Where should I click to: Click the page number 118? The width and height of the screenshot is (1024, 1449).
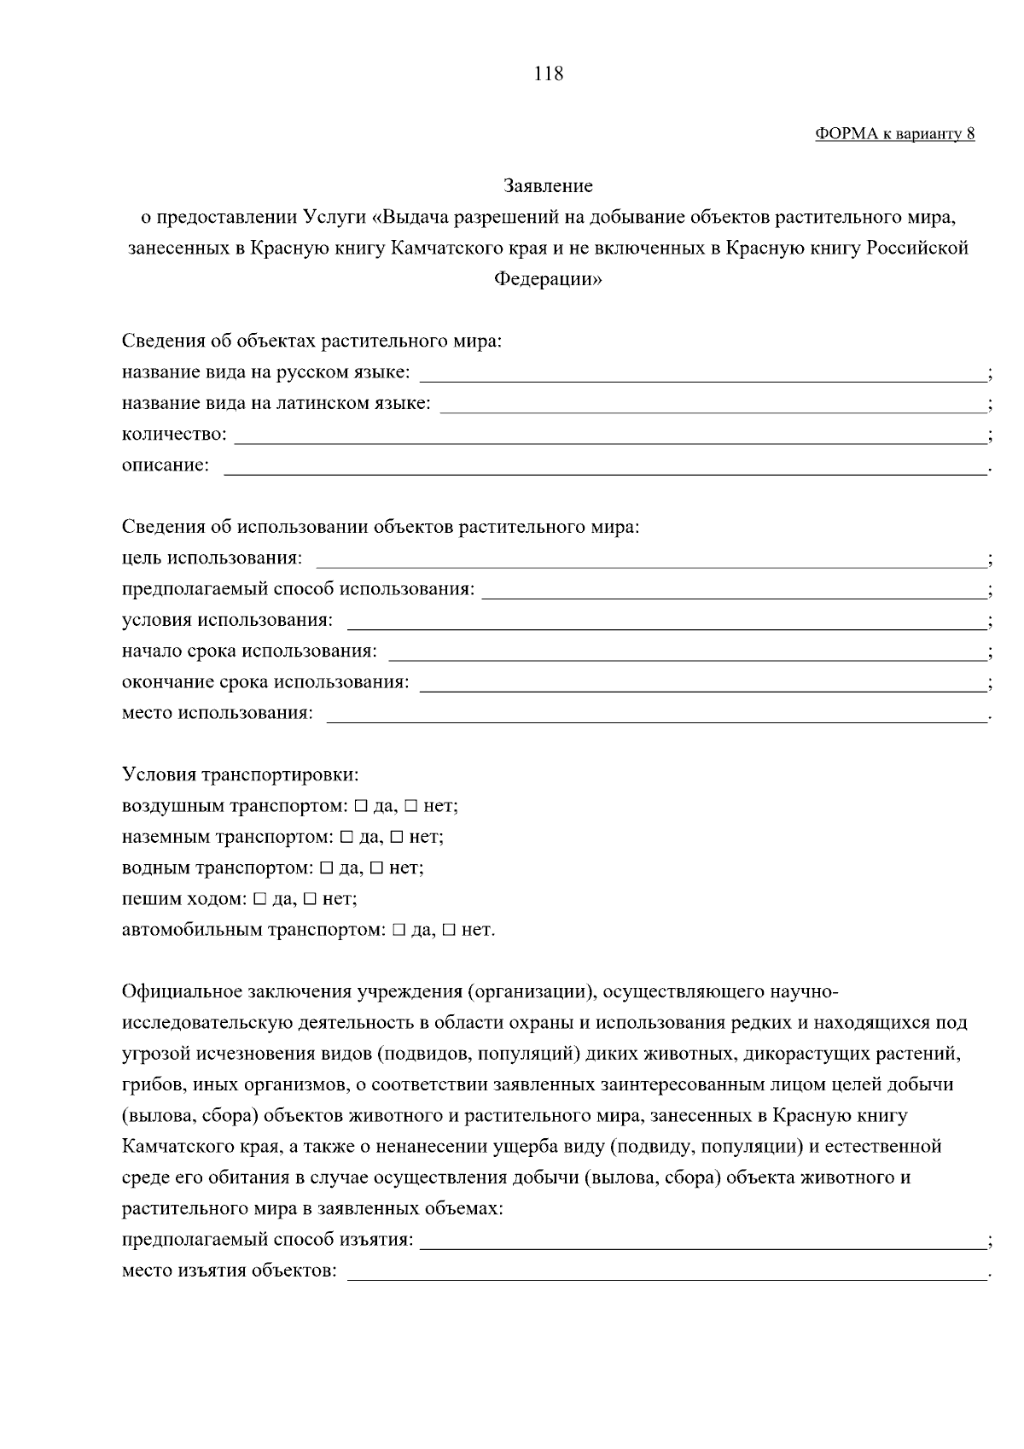tap(548, 73)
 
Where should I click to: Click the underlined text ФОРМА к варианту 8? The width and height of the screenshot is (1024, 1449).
tap(894, 134)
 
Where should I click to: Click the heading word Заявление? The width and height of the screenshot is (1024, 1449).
tap(548, 185)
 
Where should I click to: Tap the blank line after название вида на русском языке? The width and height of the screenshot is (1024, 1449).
tap(701, 373)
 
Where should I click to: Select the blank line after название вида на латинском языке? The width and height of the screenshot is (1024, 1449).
tap(712, 404)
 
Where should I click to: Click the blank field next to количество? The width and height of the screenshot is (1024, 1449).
tap(609, 435)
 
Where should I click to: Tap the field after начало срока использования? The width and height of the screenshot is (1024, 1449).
tap(686, 652)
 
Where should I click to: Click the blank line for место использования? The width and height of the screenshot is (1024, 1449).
tap(655, 714)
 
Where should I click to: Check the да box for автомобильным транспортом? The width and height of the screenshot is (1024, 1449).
tap(398, 930)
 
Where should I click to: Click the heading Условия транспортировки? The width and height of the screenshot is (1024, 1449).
tap(241, 775)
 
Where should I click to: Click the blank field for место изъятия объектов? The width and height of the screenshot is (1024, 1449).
tap(666, 1271)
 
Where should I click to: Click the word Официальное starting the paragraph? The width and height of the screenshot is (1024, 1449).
tap(182, 992)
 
